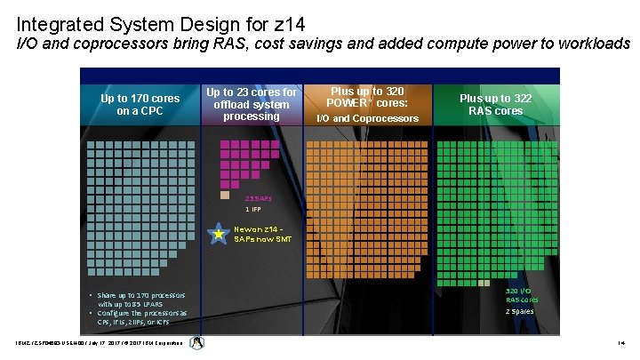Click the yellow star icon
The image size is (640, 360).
[x=218, y=234]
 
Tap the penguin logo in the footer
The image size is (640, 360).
[x=196, y=343]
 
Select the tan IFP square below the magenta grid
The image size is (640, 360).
[x=225, y=195]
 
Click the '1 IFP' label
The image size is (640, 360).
[x=253, y=209]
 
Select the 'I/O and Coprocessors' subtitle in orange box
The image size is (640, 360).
[x=368, y=118]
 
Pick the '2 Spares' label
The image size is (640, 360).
[x=520, y=312]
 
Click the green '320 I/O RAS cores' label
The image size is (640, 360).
[x=521, y=295]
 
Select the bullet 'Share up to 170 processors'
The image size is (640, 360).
[x=141, y=294]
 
